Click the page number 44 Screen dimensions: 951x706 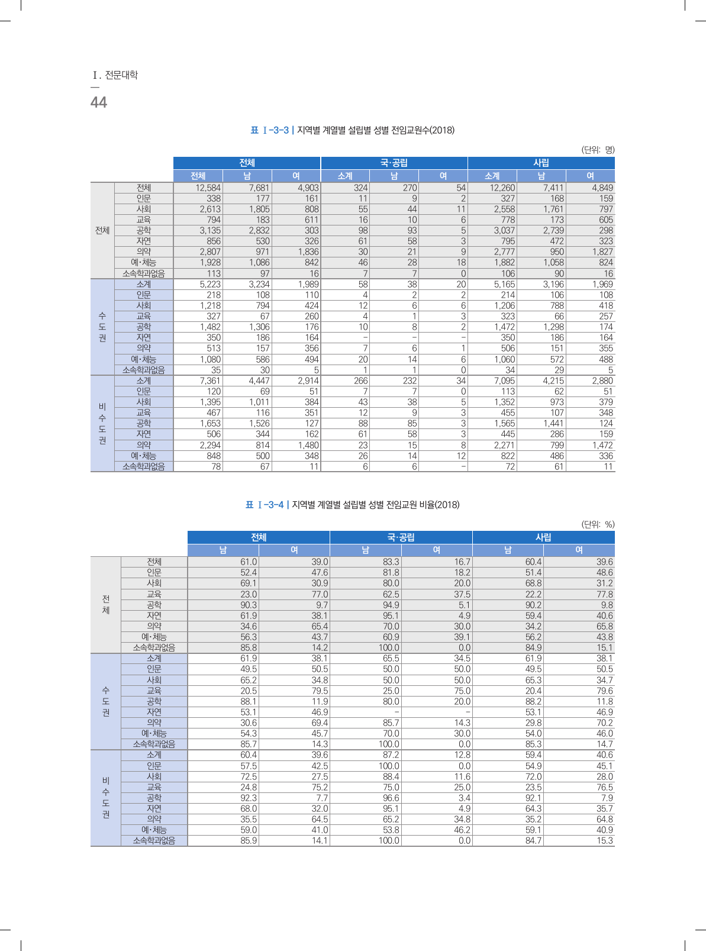tap(98, 102)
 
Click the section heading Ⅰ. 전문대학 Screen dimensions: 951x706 tap(115, 75)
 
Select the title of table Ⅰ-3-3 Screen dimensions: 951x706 tap(353, 130)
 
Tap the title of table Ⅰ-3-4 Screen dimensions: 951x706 tap(353, 505)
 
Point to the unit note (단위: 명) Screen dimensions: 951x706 tap(598, 150)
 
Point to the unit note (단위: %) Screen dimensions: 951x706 tap(598, 524)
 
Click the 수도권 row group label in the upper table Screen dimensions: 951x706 tap(102, 327)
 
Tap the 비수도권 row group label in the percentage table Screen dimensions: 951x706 tap(106, 798)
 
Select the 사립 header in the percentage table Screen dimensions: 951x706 tap(543, 537)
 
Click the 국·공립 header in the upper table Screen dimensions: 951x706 tap(394, 163)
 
